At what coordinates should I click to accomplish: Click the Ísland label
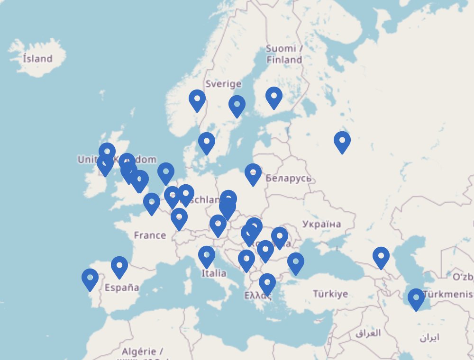(37, 59)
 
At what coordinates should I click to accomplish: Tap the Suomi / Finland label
(284, 54)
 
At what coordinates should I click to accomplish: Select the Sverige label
(223, 84)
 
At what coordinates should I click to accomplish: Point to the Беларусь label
(288, 178)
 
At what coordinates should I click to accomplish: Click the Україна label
(321, 224)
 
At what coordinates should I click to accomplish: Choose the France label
(150, 235)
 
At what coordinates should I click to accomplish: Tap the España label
(122, 287)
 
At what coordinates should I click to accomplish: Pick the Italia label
(214, 273)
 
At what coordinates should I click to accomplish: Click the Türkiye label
(330, 294)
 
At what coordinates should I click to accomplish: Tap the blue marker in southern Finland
(274, 98)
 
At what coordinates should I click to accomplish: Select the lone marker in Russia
(342, 142)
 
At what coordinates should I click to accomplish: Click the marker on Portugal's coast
(90, 279)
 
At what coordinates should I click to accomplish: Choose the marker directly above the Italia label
(207, 257)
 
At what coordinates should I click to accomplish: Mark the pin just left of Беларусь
(253, 174)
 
